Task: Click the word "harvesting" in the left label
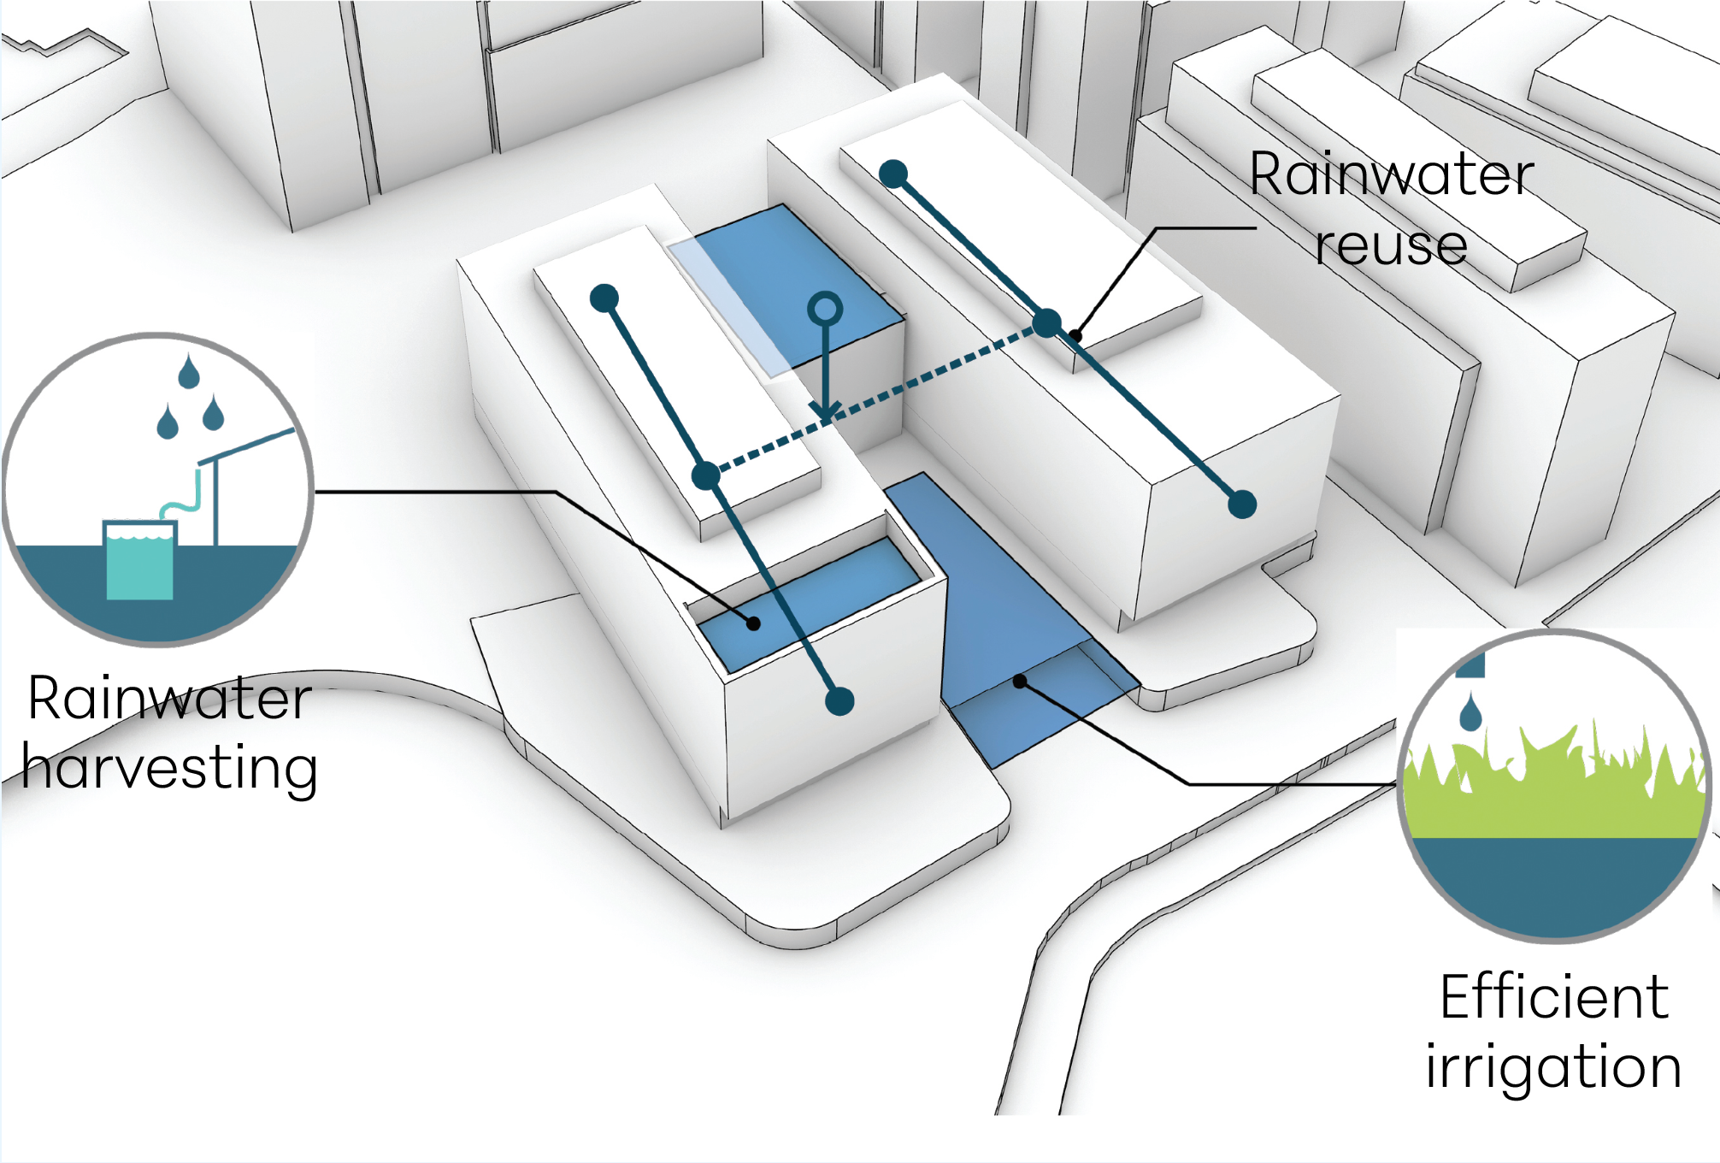pos(169,767)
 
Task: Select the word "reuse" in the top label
pos(1391,246)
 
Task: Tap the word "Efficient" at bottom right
pos(1553,997)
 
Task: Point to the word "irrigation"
pos(1553,1067)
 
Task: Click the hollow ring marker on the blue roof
pos(825,309)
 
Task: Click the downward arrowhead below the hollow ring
pos(825,411)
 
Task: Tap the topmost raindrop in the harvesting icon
pos(188,373)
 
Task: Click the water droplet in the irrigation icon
pos(1470,712)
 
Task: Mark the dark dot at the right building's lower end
pos(1242,505)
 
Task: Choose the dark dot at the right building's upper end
pos(893,174)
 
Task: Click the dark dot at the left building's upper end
pos(604,298)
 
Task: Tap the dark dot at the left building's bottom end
pos(839,701)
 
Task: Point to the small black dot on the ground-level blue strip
pos(1020,682)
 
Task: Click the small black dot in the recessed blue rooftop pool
pos(753,623)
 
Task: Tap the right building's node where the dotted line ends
pos(1047,323)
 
